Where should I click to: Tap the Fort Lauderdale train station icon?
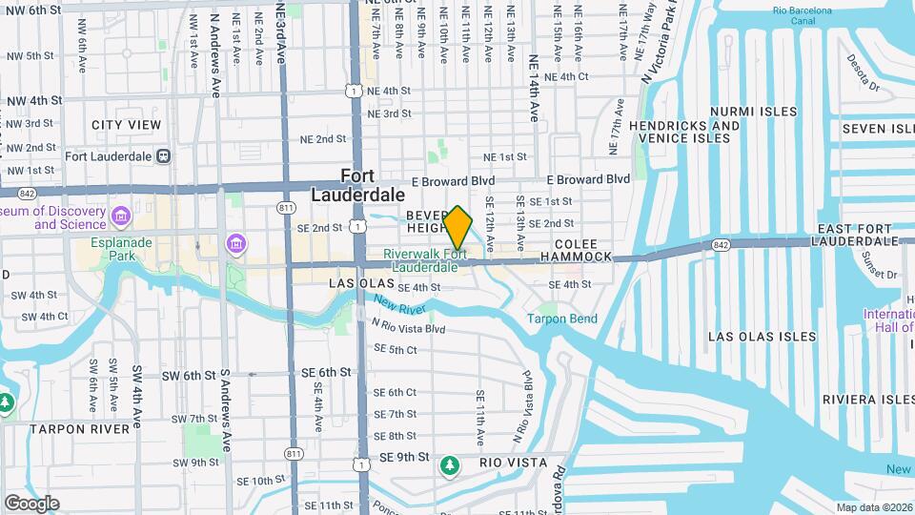(164, 155)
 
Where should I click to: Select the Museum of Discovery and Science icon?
(121, 215)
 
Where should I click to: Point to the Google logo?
(31, 503)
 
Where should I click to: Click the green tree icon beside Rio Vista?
(449, 464)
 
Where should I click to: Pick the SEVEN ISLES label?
(877, 129)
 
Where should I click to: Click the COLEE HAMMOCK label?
(576, 251)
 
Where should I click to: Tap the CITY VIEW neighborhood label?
(127, 125)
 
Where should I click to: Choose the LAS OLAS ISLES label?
(762, 337)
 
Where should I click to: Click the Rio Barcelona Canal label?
(802, 16)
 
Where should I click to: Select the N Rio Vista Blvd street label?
(409, 327)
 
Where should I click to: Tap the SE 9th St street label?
(405, 457)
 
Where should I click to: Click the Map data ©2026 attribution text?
(872, 507)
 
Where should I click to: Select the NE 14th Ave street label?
(535, 80)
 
